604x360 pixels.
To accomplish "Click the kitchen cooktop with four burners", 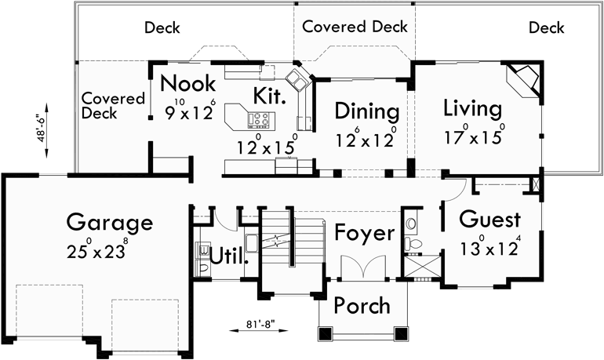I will click(x=260, y=120).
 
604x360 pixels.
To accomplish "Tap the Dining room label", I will click(x=367, y=111).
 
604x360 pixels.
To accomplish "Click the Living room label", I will click(x=471, y=107).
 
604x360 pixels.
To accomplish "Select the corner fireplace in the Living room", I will click(x=524, y=78).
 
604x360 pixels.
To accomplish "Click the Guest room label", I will click(x=491, y=219).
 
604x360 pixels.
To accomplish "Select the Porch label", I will click(x=362, y=304).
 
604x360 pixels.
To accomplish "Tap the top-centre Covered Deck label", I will click(x=355, y=27).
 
